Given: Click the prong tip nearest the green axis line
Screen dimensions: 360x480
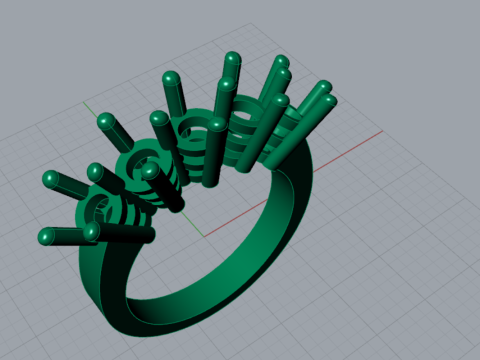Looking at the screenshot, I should pos(104,121).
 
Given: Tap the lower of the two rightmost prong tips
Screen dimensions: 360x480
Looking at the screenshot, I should pos(329,102).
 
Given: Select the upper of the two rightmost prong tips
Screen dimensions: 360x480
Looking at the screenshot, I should pos(324,89).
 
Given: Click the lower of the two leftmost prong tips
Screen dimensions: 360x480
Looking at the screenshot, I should pos(46,236).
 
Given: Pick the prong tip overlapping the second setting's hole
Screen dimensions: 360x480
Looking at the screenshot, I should pos(150,171).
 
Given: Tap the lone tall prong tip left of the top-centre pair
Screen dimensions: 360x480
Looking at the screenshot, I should pos(170,78).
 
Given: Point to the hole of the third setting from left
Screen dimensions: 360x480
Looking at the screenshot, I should pos(190,128).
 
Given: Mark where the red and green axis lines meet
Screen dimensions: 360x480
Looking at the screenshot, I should pos(205,236).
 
